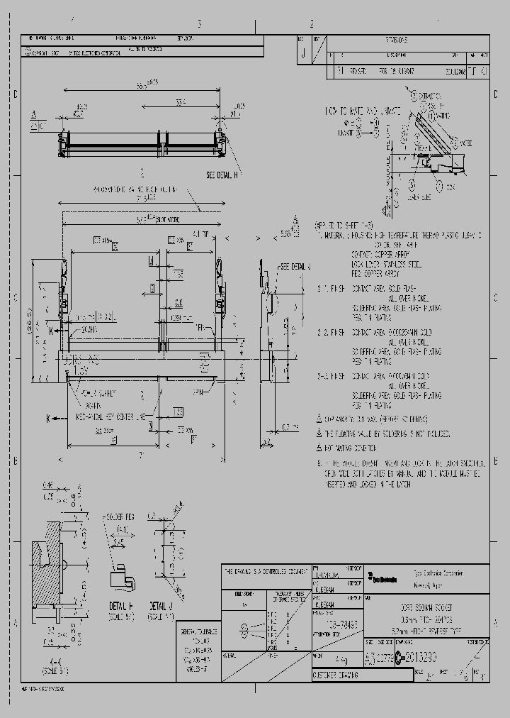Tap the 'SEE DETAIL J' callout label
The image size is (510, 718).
(x=296, y=267)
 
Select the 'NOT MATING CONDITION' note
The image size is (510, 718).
(x=354, y=448)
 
